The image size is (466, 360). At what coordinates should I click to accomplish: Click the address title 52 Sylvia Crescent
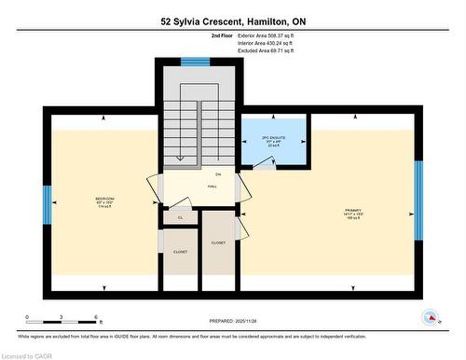click(232, 21)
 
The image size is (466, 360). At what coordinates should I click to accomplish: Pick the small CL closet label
click(180, 217)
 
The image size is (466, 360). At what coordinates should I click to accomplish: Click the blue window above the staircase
click(196, 62)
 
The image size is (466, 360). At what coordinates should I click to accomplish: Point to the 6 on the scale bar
click(96, 318)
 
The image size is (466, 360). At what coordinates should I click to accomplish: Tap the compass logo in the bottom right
click(432, 317)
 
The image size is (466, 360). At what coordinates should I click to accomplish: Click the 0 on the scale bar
click(27, 318)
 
